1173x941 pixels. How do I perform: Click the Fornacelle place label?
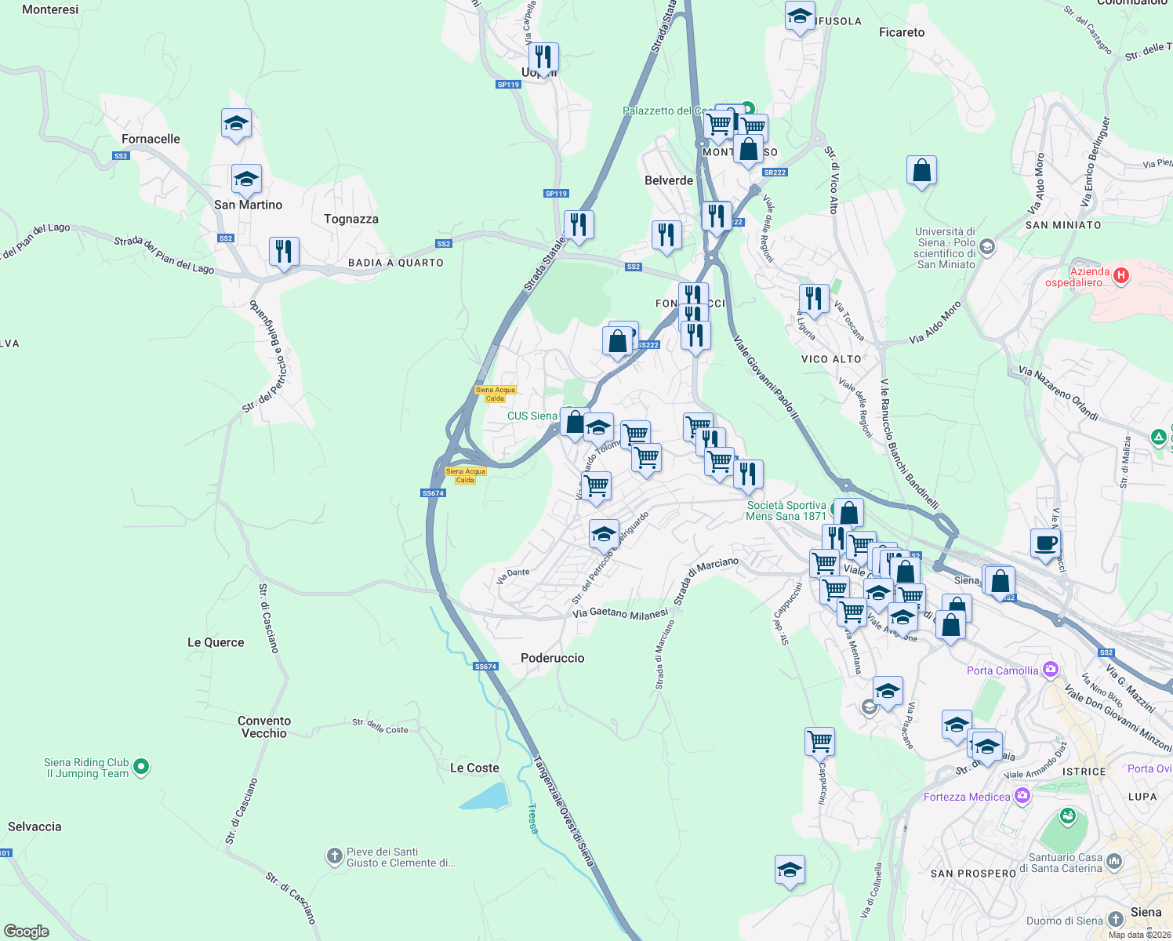click(151, 139)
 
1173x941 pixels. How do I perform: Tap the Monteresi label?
click(50, 9)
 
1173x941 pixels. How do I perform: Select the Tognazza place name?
click(350, 219)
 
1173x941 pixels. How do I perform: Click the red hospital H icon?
click(1121, 275)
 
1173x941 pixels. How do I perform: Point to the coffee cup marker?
click(1045, 543)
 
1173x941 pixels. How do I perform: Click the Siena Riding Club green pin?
click(141, 766)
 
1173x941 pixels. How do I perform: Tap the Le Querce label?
click(216, 642)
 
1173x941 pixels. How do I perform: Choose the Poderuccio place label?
click(552, 658)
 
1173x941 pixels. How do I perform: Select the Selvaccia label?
click(34, 827)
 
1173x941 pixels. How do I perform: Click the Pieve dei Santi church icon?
click(335, 856)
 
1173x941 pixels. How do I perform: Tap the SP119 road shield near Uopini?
click(508, 85)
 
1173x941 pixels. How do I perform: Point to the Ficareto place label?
click(902, 32)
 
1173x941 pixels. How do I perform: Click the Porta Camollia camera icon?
click(1051, 670)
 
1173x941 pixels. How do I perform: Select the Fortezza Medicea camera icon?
click(1022, 796)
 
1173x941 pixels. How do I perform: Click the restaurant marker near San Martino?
click(284, 252)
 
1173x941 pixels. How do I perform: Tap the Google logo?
click(26, 932)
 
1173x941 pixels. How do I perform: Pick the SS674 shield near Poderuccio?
click(485, 667)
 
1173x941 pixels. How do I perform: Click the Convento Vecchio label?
click(264, 727)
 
